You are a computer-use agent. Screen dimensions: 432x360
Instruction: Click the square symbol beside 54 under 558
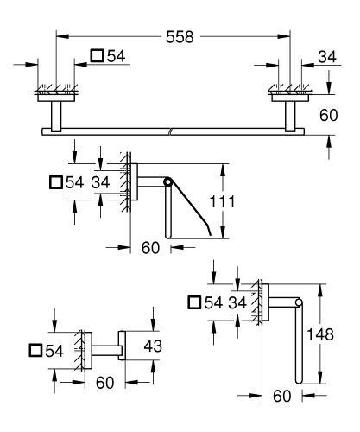coord(97,56)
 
